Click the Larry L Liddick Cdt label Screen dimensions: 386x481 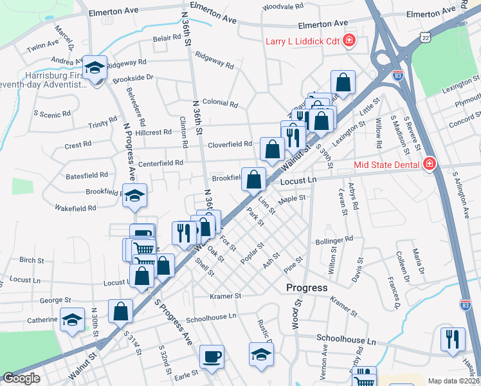[302, 42]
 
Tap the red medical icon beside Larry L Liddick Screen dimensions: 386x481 [349, 42]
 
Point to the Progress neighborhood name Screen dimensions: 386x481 [307, 288]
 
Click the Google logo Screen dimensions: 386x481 [21, 378]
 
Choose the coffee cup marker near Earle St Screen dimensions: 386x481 [212, 357]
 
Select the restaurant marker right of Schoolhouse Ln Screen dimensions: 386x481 [453, 338]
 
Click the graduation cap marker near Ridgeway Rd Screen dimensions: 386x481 [95, 67]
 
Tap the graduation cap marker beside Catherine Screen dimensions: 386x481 [72, 318]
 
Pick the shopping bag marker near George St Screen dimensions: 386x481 [120, 312]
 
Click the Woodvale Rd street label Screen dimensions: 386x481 [283, 6]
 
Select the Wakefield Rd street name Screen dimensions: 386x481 [75, 208]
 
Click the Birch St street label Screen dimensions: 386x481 [32, 261]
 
